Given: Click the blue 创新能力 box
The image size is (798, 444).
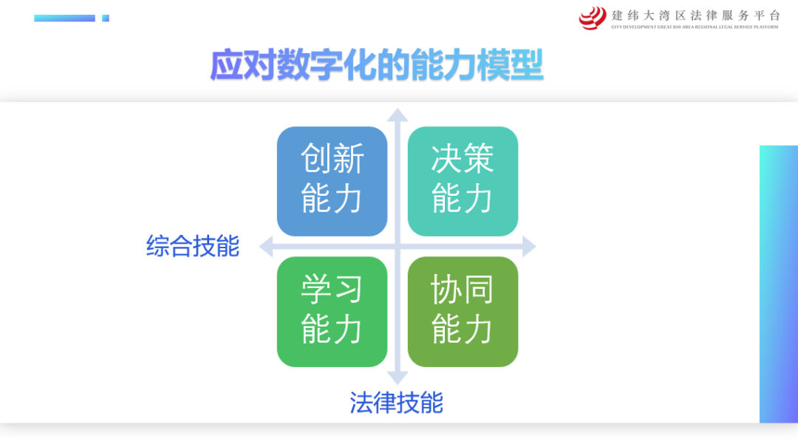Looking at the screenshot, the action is (x=332, y=181).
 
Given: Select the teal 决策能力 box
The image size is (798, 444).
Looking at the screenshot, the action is (x=463, y=181).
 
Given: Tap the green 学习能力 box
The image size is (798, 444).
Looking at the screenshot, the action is (x=332, y=312).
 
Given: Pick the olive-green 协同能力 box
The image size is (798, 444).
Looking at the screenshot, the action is (x=463, y=312).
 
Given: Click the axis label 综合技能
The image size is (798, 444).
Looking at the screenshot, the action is (x=193, y=246).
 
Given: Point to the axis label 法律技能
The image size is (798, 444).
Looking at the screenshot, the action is (x=397, y=403).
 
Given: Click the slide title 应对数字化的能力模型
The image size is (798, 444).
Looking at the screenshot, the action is (x=377, y=65).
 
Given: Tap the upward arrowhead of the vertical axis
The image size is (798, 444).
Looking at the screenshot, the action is (x=398, y=115).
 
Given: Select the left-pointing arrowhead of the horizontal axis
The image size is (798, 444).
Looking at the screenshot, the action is (x=266, y=247).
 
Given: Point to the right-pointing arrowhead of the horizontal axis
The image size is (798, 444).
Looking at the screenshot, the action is (x=529, y=247).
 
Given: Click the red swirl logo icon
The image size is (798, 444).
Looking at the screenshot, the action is (x=593, y=18).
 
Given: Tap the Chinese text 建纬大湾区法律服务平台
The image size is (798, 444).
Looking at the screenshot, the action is (x=696, y=16).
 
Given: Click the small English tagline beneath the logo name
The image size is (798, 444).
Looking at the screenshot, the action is (x=695, y=27).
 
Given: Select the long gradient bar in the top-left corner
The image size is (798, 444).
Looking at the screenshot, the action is (x=64, y=18).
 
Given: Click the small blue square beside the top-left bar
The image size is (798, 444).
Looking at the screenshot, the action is (x=106, y=18).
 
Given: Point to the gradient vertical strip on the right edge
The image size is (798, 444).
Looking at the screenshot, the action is (x=779, y=284).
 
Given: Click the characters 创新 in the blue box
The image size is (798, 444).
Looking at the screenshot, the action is (x=332, y=159).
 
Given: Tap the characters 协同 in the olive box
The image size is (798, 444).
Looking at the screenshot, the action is (x=462, y=290).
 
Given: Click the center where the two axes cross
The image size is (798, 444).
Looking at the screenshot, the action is (x=398, y=247).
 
